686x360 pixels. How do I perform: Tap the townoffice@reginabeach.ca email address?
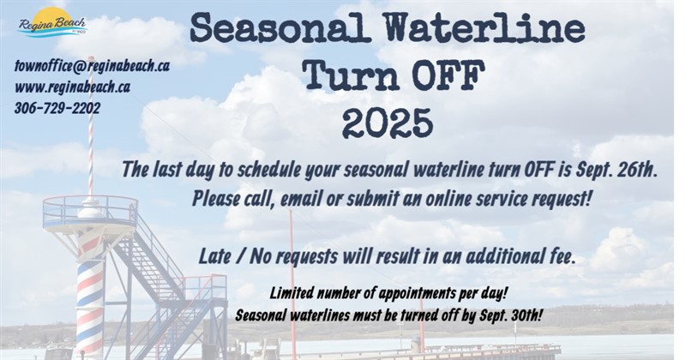click(92, 66)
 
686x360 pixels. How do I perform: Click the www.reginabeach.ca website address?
click(72, 87)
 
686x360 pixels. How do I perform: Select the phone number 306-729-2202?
click(57, 108)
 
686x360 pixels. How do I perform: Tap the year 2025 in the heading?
click(387, 123)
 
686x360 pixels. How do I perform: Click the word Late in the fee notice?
click(214, 255)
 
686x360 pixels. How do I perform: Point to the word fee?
click(558, 255)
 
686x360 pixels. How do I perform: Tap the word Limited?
click(293, 292)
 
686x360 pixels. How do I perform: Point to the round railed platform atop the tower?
click(89, 210)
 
